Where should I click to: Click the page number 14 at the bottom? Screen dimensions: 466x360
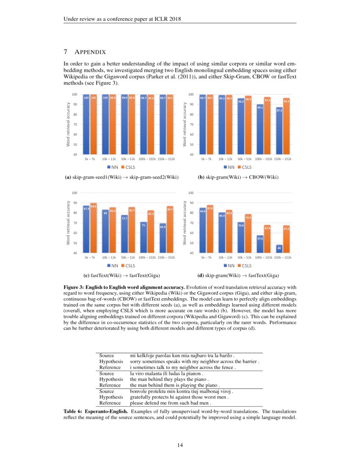[180, 445]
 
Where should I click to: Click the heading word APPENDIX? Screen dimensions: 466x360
[90, 52]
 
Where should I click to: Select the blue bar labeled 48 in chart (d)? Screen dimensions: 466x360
[279, 249]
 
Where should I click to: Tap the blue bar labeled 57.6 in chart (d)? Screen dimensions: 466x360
[260, 244]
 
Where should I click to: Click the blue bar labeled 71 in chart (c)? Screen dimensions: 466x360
[144, 238]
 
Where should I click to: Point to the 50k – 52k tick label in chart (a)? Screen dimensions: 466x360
[128, 159]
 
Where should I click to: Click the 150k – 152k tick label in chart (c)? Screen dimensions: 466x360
[166, 257]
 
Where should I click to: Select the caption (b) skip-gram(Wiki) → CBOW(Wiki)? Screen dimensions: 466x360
[238, 177]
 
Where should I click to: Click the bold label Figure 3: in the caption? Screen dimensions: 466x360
[76, 287]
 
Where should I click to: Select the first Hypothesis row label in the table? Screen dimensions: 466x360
[111, 362]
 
